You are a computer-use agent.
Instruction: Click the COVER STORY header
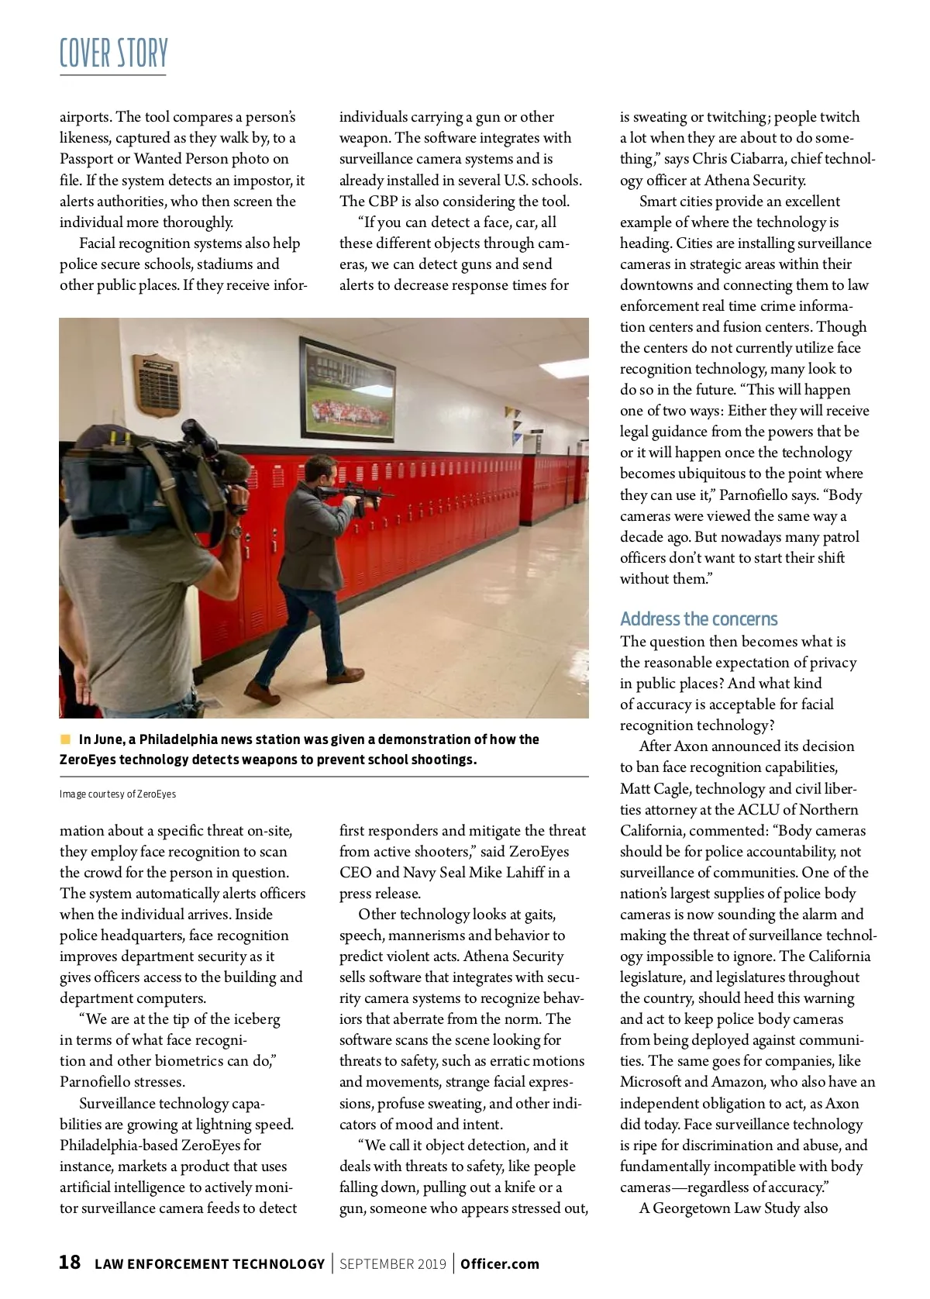(113, 53)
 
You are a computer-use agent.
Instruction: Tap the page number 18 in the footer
(70, 1263)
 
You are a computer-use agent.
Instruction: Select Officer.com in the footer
(499, 1264)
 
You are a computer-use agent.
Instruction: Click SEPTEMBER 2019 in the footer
(393, 1264)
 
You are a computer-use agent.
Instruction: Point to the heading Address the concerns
(698, 618)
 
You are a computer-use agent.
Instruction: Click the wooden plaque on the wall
(156, 384)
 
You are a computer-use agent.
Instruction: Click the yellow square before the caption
(65, 739)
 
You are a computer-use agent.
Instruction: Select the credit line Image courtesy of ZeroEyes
(118, 794)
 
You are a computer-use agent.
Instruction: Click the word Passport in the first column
(87, 159)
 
